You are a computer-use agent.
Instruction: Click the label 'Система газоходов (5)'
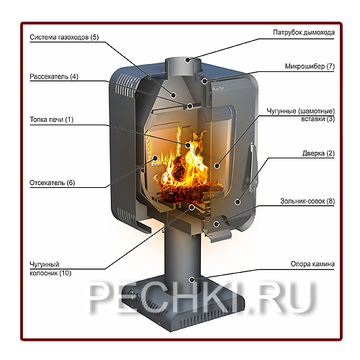(64, 37)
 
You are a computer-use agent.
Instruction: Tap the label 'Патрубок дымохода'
(304, 32)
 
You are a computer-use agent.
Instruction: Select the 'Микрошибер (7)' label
(310, 66)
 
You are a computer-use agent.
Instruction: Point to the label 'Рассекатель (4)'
(54, 76)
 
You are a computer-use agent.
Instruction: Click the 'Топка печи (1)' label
(51, 120)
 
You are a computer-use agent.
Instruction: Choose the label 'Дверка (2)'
(318, 153)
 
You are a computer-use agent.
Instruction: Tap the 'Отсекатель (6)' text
(52, 183)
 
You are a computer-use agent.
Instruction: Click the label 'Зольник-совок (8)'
(307, 201)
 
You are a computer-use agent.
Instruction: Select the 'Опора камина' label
(312, 264)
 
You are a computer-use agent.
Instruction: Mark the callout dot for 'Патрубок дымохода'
(188, 60)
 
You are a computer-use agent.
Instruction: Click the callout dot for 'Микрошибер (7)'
(204, 81)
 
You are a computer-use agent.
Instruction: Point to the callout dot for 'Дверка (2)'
(238, 202)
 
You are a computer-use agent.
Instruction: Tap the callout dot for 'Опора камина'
(192, 279)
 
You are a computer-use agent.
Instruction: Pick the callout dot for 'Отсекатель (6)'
(156, 158)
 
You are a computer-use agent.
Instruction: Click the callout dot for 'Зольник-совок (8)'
(216, 224)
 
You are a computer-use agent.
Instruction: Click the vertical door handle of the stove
(253, 168)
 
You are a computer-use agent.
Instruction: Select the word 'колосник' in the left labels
(44, 273)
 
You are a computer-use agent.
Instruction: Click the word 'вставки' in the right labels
(313, 119)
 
